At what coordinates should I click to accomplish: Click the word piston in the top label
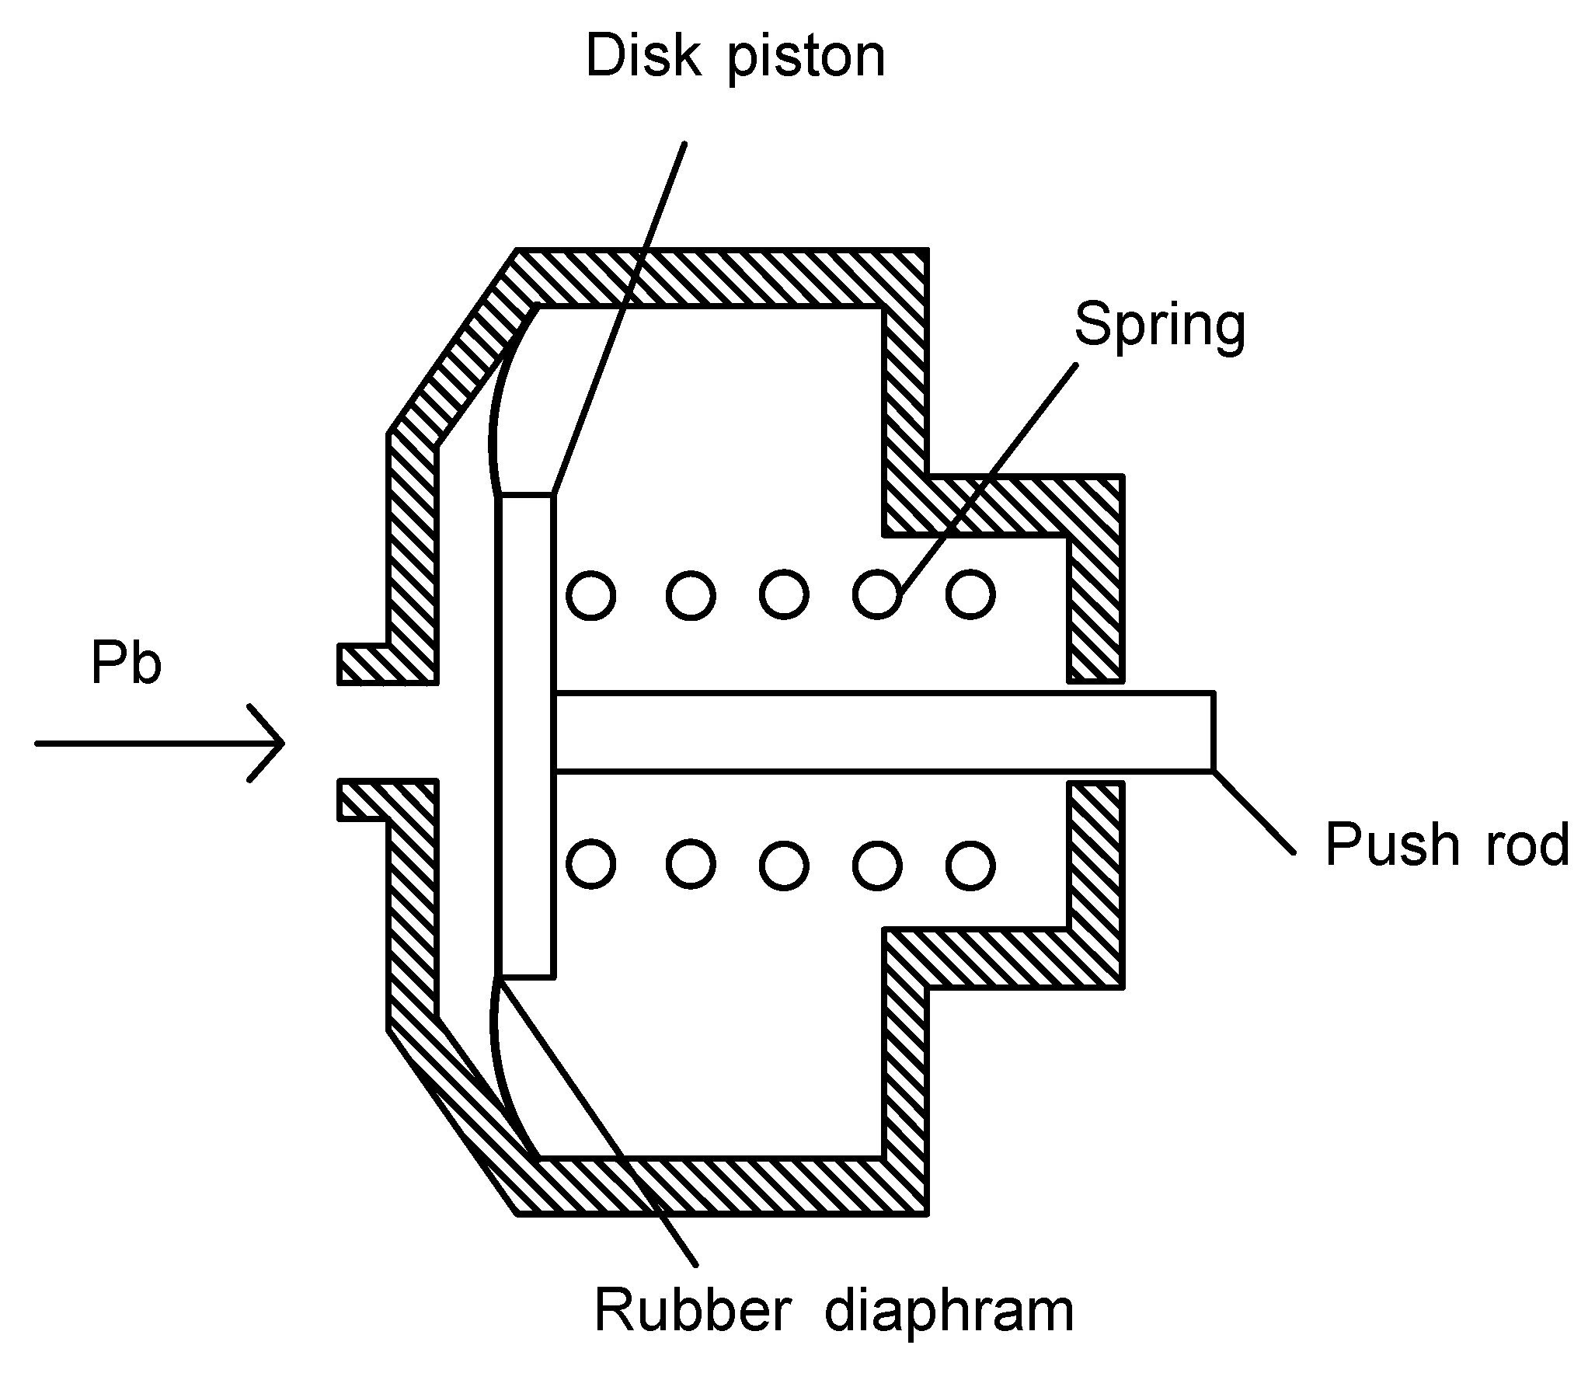pos(806,61)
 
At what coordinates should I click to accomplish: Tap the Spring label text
pos(1159,326)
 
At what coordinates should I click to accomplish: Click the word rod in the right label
pos(1527,845)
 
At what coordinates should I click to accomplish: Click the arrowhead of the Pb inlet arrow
pos(276,743)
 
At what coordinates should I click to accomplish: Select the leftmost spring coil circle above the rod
pos(591,595)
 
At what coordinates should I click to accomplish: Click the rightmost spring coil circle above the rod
pos(970,594)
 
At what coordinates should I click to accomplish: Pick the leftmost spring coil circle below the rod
pos(591,864)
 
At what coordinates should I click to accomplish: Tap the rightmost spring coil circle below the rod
pos(970,864)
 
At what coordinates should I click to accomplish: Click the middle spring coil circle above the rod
pos(784,594)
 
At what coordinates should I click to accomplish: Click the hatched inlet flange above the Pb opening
pos(364,664)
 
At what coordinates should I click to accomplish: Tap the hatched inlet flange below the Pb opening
pos(364,800)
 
